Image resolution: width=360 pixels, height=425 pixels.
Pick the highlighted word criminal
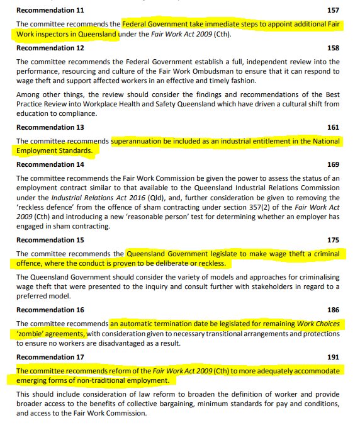pos(325,254)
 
